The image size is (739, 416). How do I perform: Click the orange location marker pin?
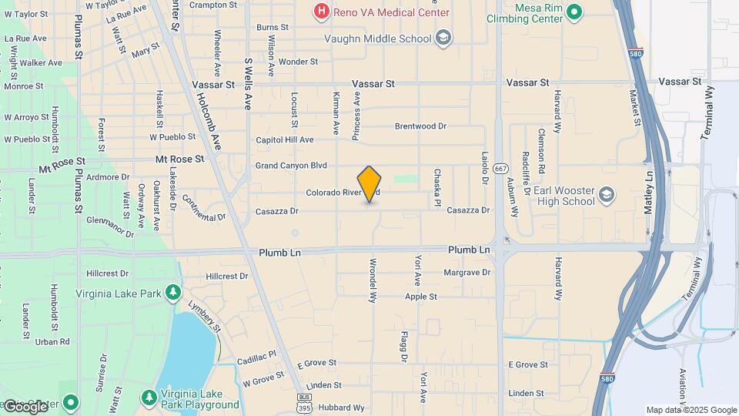(369, 184)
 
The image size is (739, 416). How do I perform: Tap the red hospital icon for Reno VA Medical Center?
(321, 12)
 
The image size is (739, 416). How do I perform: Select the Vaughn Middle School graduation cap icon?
(443, 37)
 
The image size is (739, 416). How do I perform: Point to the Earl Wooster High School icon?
(607, 193)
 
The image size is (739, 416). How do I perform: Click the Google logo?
(25, 406)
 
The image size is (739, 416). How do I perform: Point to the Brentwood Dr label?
(420, 126)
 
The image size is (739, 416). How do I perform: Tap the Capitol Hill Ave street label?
(285, 140)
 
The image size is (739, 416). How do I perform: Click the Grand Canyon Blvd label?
(292, 166)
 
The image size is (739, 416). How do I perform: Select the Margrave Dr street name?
(467, 273)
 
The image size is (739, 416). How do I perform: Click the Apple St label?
(421, 297)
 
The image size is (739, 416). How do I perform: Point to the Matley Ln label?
(650, 187)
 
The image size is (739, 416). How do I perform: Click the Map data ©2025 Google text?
(691, 410)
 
